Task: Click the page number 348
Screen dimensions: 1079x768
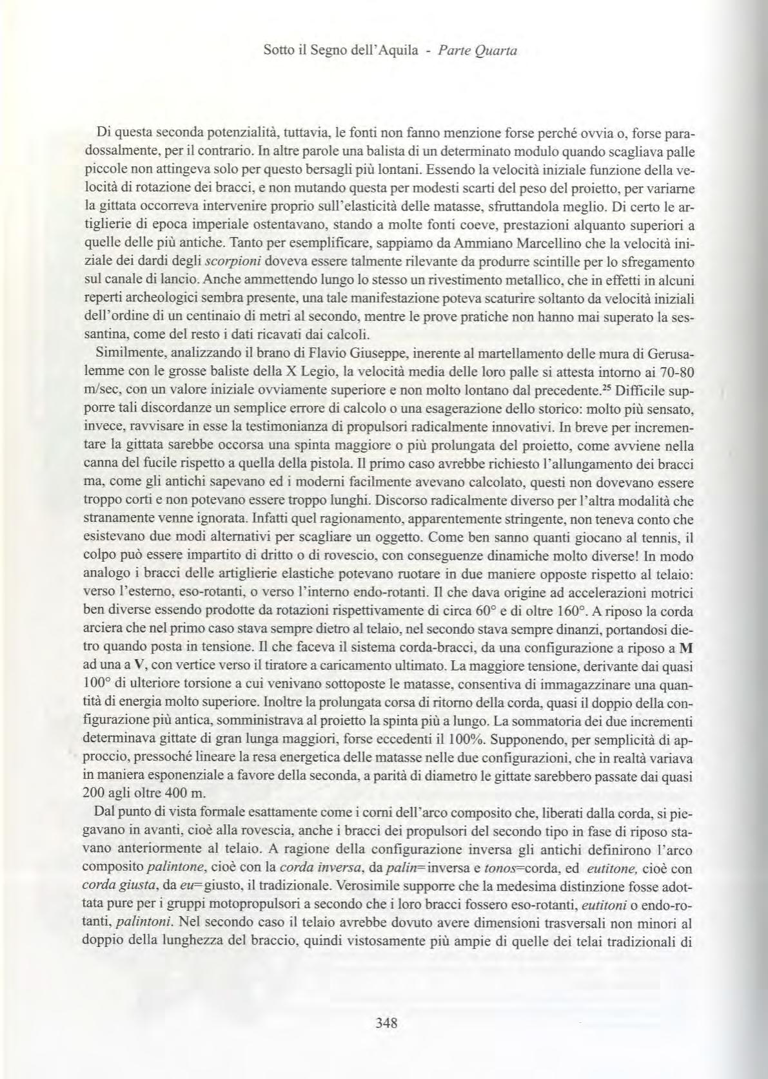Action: (x=384, y=1022)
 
